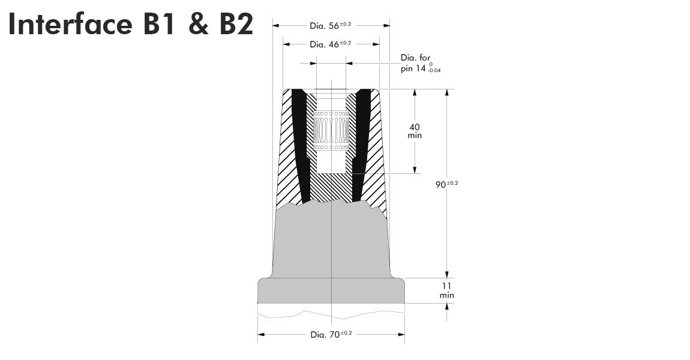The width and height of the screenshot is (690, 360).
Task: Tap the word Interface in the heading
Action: click(x=70, y=23)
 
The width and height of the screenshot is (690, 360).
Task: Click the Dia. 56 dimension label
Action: click(x=331, y=26)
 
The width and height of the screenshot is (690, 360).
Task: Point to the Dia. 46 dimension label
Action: click(x=331, y=44)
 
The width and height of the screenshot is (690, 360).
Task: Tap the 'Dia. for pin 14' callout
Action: click(x=420, y=64)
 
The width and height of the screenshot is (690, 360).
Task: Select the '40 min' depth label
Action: click(x=415, y=131)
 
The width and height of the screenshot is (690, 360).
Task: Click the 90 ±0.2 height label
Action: click(x=446, y=184)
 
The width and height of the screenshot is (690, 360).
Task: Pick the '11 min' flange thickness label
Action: click(x=446, y=290)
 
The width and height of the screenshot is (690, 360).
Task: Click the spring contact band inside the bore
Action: click(x=331, y=131)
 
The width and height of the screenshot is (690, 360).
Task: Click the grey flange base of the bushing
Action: click(x=331, y=290)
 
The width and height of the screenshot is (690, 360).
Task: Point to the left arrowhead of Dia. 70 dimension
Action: click(x=261, y=334)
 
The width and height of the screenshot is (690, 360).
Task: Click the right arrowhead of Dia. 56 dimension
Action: click(x=386, y=26)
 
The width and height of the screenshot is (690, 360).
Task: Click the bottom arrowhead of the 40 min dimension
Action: click(x=415, y=170)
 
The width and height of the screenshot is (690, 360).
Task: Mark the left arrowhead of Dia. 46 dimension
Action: click(x=286, y=44)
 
